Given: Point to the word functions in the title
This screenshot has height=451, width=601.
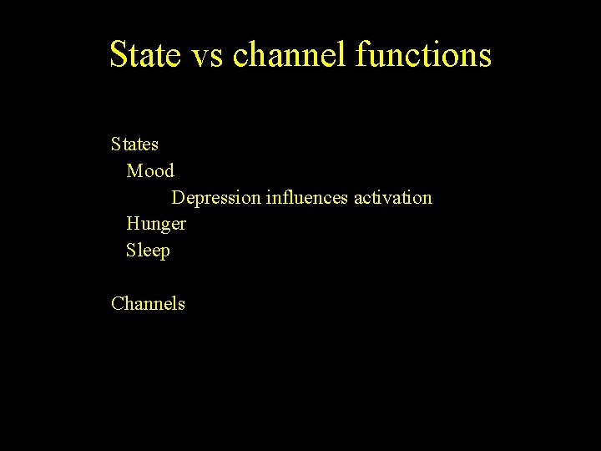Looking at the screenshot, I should point(423,55).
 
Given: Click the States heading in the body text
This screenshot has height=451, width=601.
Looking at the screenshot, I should point(134,144).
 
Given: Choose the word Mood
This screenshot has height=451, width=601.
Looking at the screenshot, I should point(150,171).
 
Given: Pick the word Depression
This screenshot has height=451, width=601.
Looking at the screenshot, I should point(215,198).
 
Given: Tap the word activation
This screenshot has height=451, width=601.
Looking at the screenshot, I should point(393,198).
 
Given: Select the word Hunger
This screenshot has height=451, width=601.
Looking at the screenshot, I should point(156,224).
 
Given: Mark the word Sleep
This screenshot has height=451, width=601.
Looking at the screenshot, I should point(148,251).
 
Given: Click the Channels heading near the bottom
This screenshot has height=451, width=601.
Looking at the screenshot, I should point(148,303).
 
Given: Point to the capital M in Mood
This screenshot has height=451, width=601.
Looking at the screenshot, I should point(134,171).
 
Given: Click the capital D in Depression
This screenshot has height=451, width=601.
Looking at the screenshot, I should point(178,198).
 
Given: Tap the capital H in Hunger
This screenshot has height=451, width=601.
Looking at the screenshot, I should point(132,224).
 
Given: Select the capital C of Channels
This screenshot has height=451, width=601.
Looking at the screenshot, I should point(117,303).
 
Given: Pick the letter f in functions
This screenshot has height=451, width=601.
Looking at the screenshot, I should point(361,55).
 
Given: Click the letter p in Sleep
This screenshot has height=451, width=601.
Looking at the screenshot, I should point(164,252).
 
